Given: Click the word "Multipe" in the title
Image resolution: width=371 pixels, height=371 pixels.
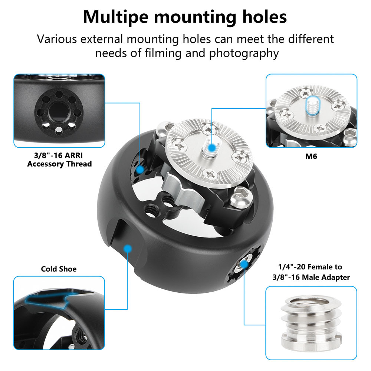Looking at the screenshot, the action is tap(116, 17).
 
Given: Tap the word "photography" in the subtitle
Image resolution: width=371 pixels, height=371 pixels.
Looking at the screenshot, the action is tap(244, 53).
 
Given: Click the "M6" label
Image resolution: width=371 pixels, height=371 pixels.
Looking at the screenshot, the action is tap(311, 157).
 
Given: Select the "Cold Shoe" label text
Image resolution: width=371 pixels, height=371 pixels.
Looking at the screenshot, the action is tap(59, 269).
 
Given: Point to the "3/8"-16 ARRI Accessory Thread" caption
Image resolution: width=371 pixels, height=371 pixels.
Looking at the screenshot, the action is tap(59, 160).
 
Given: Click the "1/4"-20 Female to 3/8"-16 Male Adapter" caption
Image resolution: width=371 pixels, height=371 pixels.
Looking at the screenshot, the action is tap(311, 272).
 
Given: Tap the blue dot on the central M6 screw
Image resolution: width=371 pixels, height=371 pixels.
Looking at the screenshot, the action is tap(212, 148).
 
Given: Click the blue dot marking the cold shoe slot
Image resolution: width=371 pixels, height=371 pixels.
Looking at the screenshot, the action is tap(128, 249).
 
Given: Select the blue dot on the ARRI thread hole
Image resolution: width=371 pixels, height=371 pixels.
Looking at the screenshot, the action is tap(140, 170).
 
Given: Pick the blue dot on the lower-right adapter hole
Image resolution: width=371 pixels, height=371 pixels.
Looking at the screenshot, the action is tap(244, 264).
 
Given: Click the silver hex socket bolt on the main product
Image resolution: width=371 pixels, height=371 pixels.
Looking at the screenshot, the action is tap(240, 196).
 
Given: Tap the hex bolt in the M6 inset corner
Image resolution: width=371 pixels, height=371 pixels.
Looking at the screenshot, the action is tap(350, 137).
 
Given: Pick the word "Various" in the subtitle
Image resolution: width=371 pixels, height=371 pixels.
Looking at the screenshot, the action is tap(57, 39).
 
